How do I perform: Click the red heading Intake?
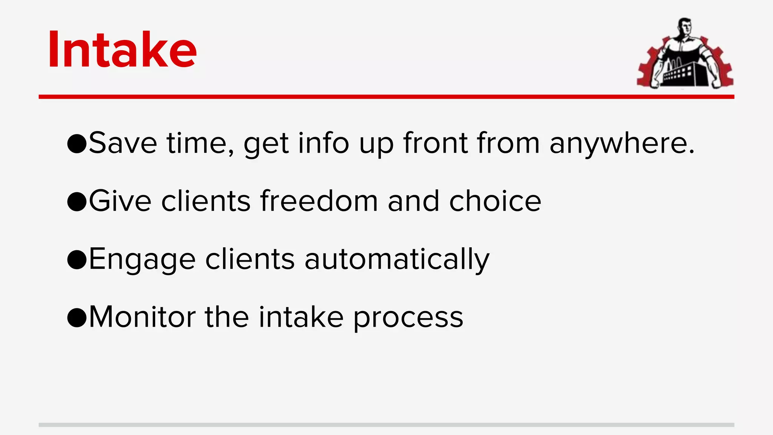(x=122, y=50)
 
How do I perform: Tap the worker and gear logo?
(x=685, y=54)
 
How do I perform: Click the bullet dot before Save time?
(x=77, y=144)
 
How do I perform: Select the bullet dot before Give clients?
(x=77, y=202)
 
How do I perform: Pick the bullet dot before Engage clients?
(x=77, y=260)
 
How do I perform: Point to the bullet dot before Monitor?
(x=77, y=318)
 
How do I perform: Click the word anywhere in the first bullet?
(x=622, y=144)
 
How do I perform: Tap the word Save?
(x=123, y=143)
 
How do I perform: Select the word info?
(x=323, y=143)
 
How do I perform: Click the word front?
(x=436, y=143)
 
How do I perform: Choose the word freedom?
(x=319, y=201)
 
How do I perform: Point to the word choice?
(x=495, y=201)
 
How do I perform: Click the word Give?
(x=120, y=201)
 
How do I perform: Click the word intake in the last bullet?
(x=301, y=317)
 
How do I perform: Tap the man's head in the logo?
(x=684, y=26)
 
